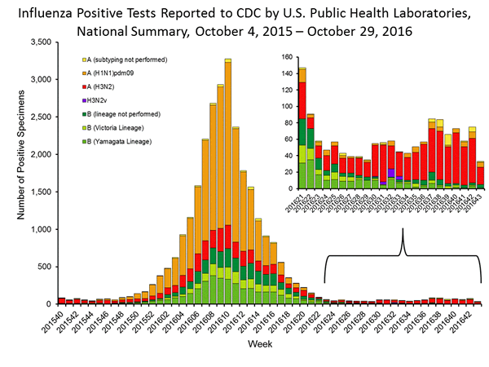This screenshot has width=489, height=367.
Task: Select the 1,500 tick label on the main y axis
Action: [38, 192]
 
